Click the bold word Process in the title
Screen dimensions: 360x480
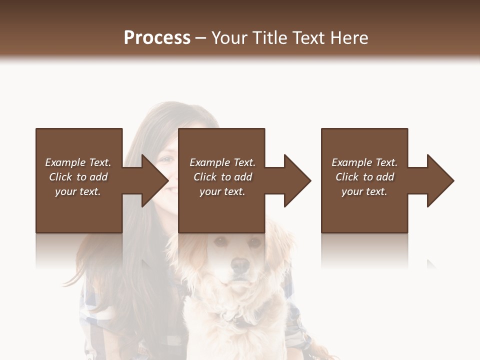click(157, 38)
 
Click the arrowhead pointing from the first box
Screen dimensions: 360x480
click(155, 180)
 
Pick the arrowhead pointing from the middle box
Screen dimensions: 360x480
click(297, 180)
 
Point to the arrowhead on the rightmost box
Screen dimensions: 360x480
click(440, 180)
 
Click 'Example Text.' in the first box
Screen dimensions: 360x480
click(78, 162)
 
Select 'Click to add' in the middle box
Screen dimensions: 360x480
click(222, 177)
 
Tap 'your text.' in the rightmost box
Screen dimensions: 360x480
click(364, 191)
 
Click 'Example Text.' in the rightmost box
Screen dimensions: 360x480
click(364, 162)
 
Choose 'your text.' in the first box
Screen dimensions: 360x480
click(78, 191)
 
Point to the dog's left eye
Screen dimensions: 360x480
click(254, 242)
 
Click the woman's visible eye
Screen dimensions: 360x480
click(165, 160)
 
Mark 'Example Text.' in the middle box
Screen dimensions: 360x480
click(222, 162)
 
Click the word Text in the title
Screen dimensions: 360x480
click(310, 38)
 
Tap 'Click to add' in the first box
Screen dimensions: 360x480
click(78, 177)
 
